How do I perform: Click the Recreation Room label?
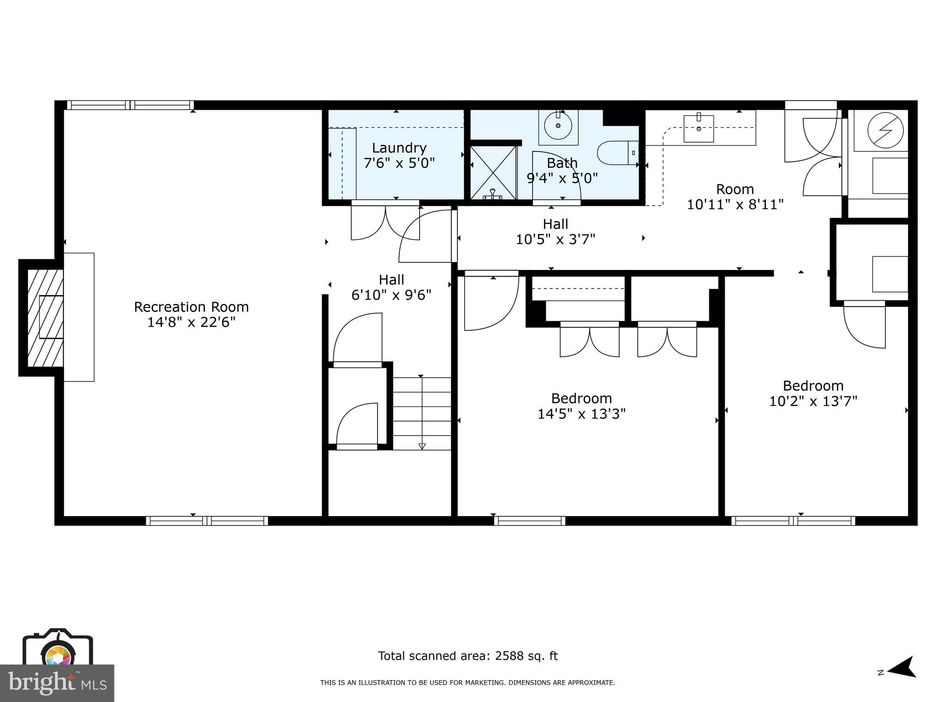click(191, 307)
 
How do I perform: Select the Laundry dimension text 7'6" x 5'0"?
click(399, 163)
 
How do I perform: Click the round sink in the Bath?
click(558, 125)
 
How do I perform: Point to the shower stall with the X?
click(493, 172)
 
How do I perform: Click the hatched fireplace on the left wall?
click(45, 317)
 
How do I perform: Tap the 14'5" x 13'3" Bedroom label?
click(581, 406)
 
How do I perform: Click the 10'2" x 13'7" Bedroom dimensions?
click(813, 401)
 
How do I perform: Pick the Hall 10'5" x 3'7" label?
click(555, 232)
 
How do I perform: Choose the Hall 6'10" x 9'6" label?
click(391, 287)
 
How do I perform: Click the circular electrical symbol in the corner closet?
click(885, 130)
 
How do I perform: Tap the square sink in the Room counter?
click(699, 128)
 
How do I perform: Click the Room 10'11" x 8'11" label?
click(735, 197)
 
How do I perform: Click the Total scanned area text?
click(468, 656)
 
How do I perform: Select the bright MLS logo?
click(57, 683)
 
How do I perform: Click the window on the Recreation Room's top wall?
click(130, 105)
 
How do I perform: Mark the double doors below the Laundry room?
click(385, 223)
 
